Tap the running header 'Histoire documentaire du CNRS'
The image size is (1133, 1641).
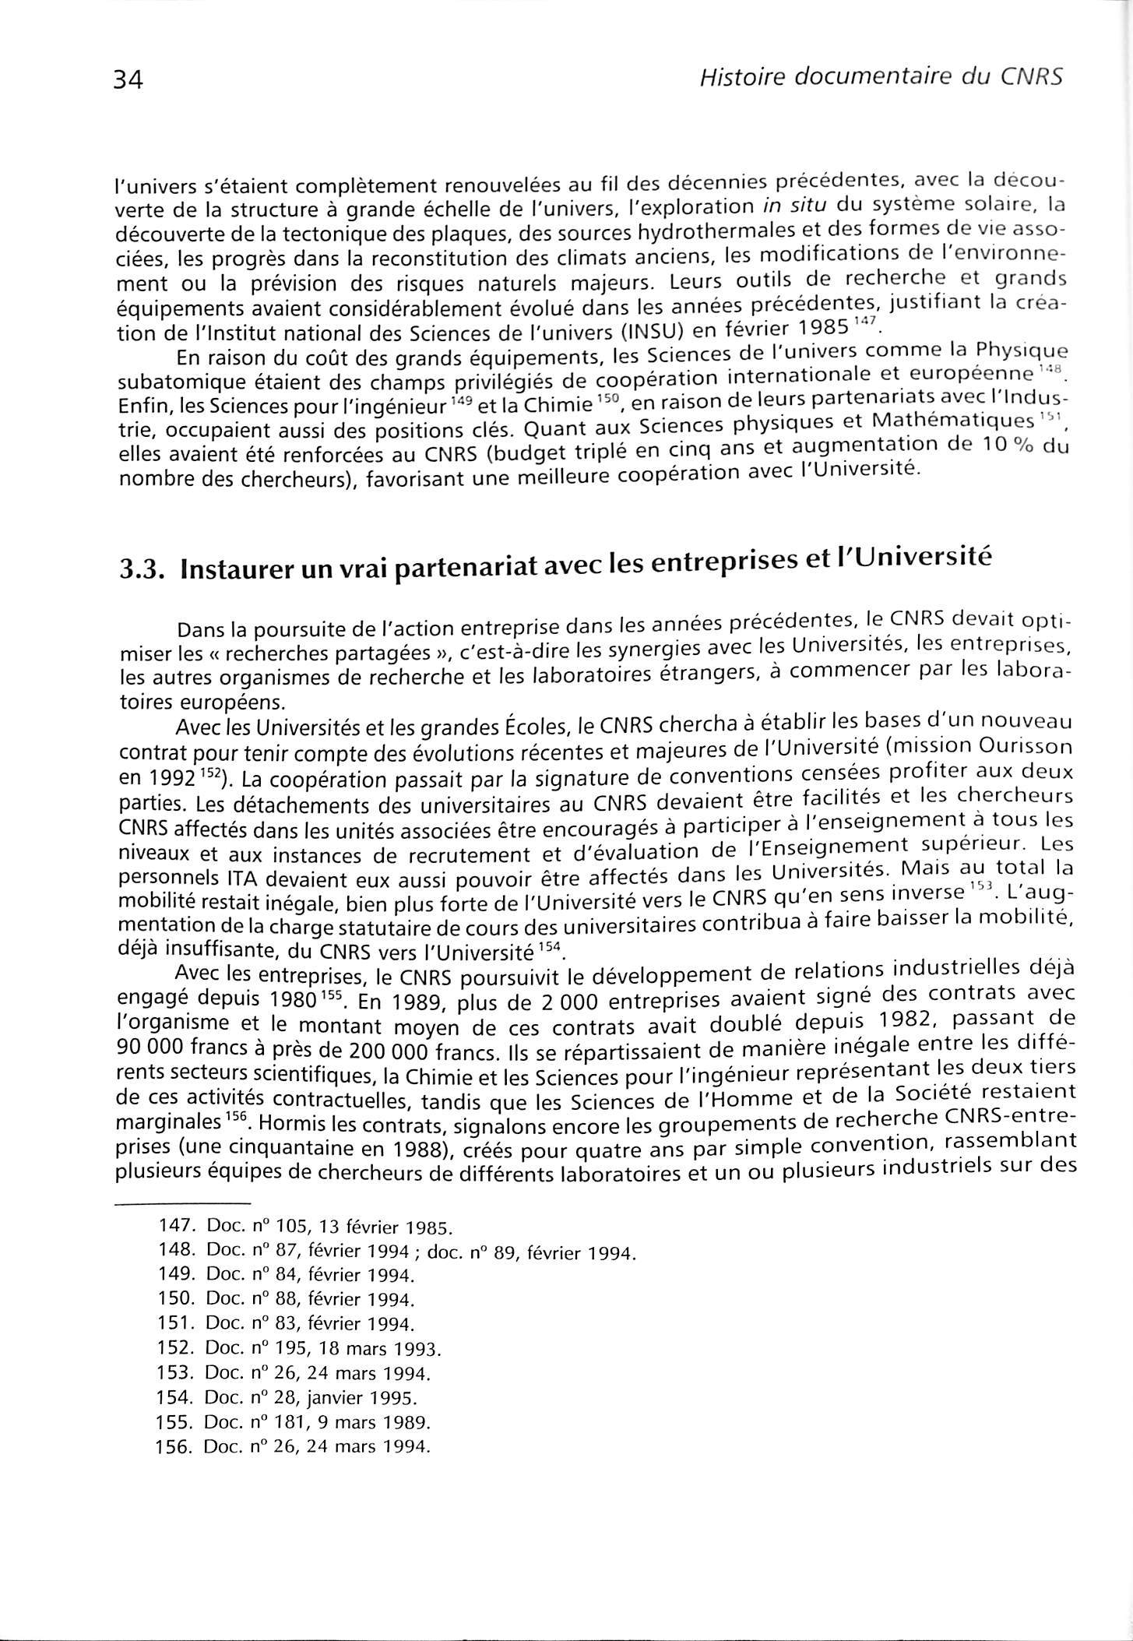click(881, 77)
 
